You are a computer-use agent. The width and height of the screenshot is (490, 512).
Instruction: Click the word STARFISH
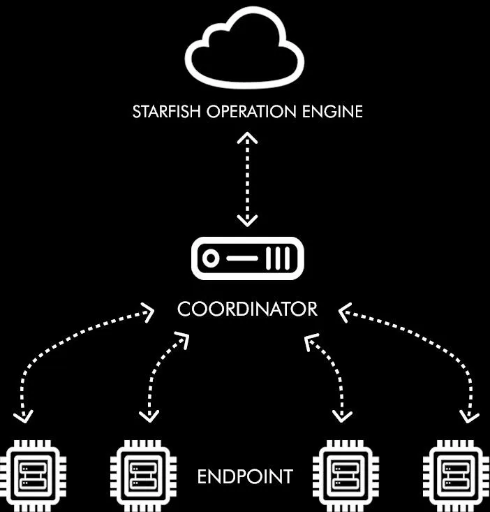coord(165,112)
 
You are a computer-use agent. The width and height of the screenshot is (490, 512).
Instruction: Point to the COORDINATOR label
coord(247,309)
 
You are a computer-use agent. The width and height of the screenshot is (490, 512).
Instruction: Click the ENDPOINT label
coord(245,477)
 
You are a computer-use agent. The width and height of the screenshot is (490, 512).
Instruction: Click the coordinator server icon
coord(247,258)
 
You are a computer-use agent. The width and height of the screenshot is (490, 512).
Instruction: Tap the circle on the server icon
coord(209,259)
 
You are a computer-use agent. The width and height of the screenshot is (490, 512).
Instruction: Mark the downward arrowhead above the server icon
coord(247,221)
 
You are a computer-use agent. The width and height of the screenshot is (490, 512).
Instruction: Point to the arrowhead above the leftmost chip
coord(24,418)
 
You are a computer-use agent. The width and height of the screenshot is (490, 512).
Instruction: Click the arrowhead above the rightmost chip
coord(468,417)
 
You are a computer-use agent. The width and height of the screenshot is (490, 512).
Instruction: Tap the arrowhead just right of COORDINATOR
coord(344,311)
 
